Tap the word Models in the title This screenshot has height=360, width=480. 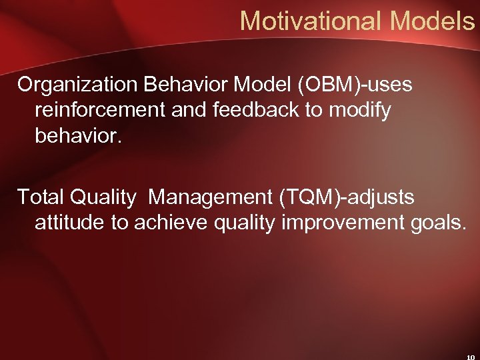pos(432,21)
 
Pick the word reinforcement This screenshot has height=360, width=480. pos(100,109)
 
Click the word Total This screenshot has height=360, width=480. pos(41,197)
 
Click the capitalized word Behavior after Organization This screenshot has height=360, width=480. pos(174,85)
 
